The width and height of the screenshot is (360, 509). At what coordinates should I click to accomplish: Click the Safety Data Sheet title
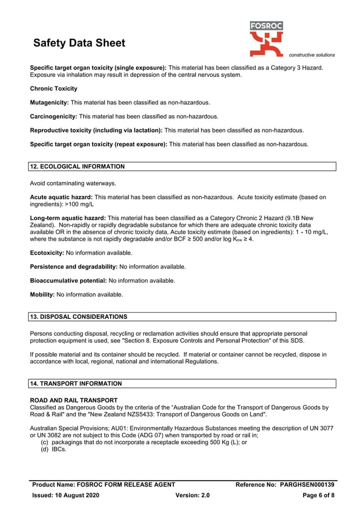tap(79, 43)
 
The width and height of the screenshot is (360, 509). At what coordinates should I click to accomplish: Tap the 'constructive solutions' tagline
tap(311, 55)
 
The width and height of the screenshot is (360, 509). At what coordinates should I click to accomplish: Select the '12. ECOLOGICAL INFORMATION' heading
tap(77, 166)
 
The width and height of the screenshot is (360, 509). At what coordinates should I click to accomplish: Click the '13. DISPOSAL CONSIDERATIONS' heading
tap(78, 317)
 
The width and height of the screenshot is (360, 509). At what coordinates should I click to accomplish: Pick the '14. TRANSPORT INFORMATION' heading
tap(76, 384)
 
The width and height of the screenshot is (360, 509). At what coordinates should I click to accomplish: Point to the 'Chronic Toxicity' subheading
tap(54, 89)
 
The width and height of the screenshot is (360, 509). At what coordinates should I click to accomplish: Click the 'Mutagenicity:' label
tap(49, 103)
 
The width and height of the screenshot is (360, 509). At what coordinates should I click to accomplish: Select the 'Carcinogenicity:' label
tap(54, 116)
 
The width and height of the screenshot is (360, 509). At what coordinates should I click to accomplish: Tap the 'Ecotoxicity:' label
tap(47, 253)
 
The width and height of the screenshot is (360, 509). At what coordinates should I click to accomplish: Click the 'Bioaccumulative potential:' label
tap(68, 280)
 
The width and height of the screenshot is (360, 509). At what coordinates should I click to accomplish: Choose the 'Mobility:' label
tap(42, 294)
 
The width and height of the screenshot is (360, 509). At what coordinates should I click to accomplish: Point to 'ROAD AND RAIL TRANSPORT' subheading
tap(73, 400)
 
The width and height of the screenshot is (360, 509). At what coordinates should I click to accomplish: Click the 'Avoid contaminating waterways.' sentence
tap(73, 183)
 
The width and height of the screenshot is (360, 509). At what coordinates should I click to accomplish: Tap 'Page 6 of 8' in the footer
tap(319, 495)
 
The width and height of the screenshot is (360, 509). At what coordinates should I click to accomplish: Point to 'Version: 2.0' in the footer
tap(193, 495)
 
